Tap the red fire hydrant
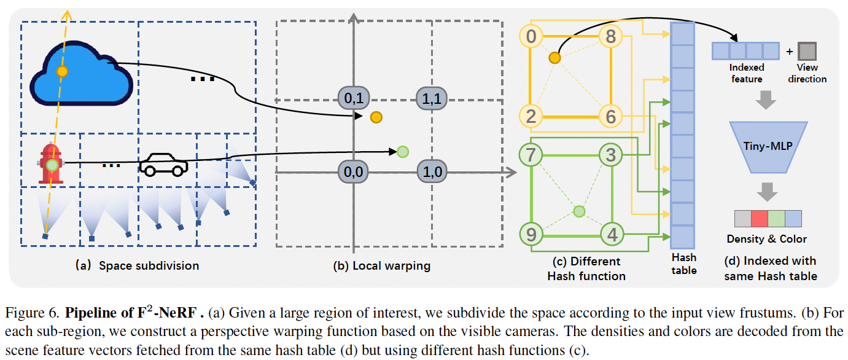click(52, 164)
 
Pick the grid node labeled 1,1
click(433, 98)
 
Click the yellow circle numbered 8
click(610, 37)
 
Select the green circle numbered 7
click(531, 154)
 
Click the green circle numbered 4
click(611, 234)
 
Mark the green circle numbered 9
click(531, 234)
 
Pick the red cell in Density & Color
click(760, 219)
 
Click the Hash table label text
click(683, 264)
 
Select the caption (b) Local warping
click(381, 266)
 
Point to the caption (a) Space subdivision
click(137, 266)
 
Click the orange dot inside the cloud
click(61, 72)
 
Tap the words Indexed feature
click(747, 73)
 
